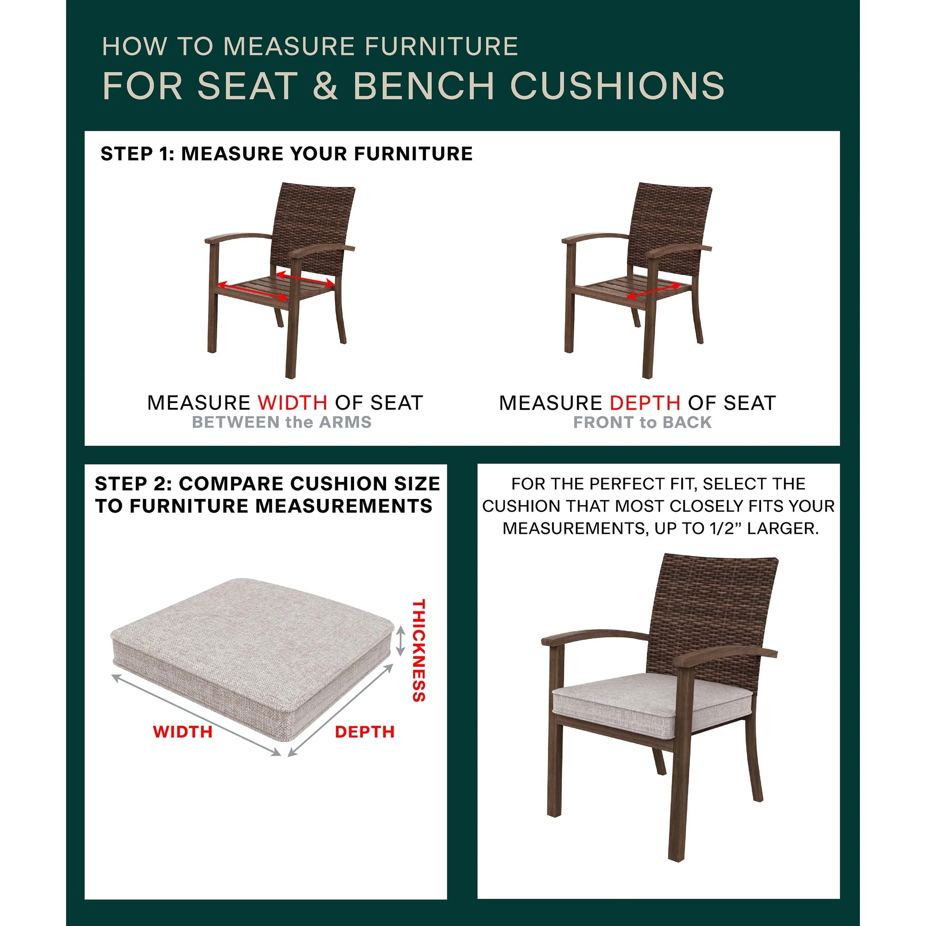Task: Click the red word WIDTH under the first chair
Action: (x=293, y=403)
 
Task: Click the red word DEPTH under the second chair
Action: (x=645, y=403)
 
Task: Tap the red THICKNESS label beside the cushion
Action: (x=419, y=650)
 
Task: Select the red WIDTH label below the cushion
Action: (x=183, y=732)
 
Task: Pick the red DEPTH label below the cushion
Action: (x=365, y=732)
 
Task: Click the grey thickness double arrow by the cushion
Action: (x=401, y=642)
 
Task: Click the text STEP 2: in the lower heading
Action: (x=133, y=484)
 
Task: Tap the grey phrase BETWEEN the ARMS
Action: (x=282, y=422)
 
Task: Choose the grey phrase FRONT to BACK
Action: (x=642, y=422)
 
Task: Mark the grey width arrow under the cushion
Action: (x=196, y=715)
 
